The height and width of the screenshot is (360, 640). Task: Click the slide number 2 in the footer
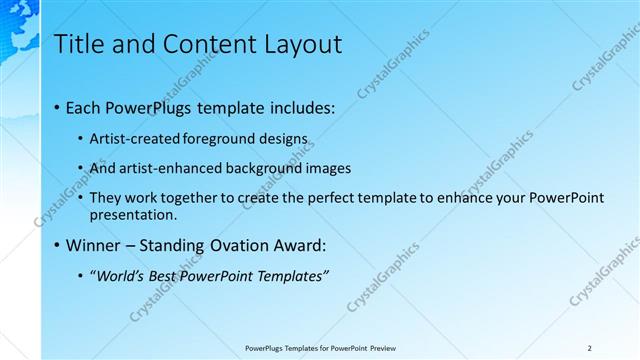coord(589,348)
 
